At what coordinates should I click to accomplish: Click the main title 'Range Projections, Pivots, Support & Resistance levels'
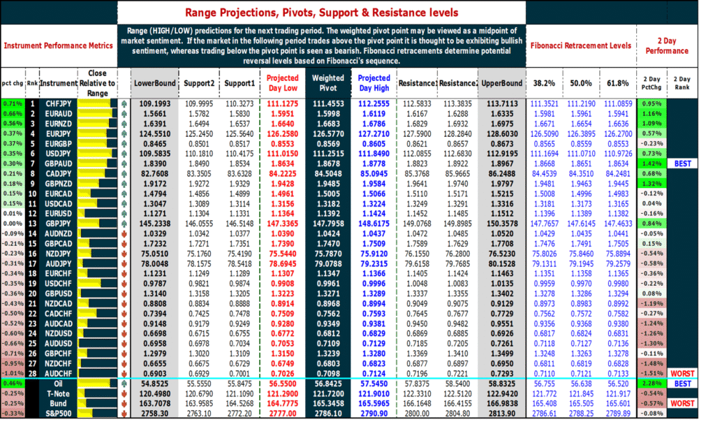pos(322,13)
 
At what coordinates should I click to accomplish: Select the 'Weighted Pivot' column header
pos(327,83)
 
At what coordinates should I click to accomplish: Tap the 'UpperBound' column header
pos(501,83)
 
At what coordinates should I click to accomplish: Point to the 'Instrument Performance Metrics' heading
pos(58,45)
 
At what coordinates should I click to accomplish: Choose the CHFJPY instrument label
pos(53,103)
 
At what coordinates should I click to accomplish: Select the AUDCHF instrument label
pos(53,374)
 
